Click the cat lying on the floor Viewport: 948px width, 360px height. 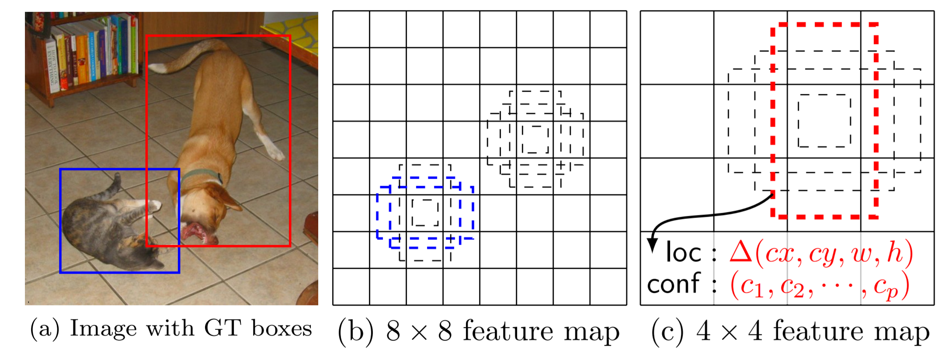(x=105, y=227)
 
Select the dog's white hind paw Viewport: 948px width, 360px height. (x=276, y=153)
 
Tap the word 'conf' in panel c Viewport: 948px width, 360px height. (x=674, y=284)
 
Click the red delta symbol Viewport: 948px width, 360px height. (x=741, y=252)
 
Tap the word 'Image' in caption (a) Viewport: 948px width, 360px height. (x=103, y=329)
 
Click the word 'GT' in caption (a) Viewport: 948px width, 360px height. (x=222, y=329)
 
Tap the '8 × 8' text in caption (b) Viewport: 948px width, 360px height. (x=419, y=331)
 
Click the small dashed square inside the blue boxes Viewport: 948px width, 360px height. (x=425, y=212)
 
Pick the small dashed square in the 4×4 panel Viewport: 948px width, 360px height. (x=824, y=121)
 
